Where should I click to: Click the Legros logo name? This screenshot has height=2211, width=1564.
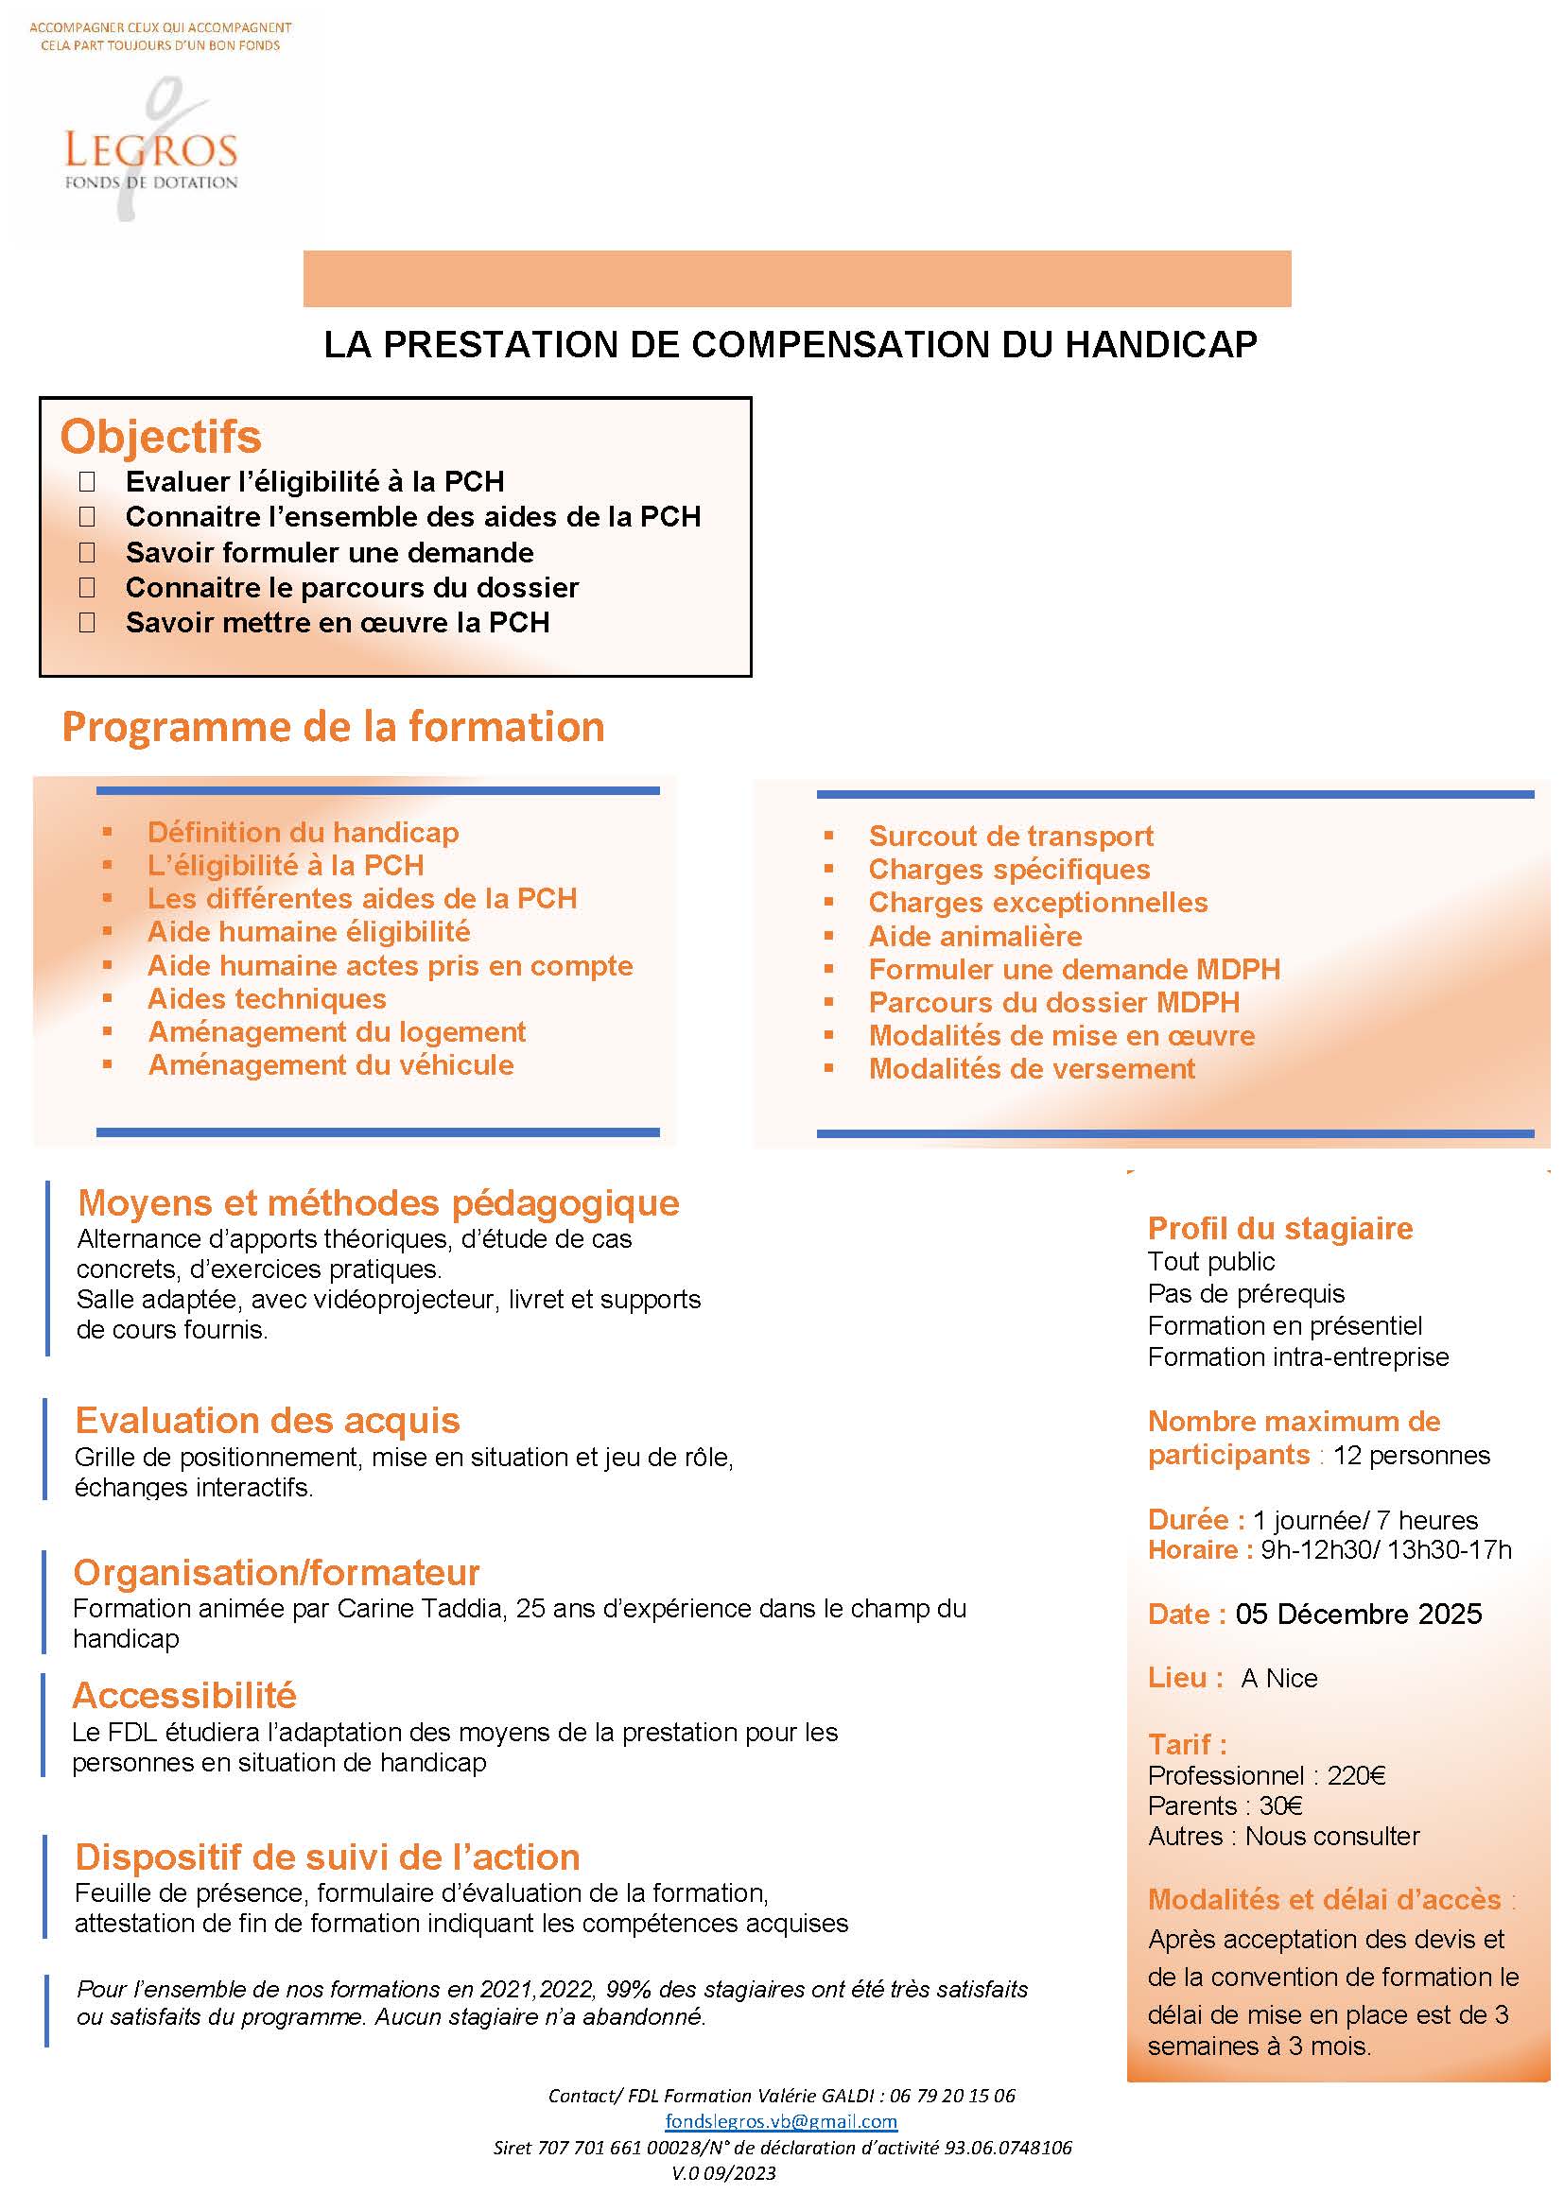(x=150, y=150)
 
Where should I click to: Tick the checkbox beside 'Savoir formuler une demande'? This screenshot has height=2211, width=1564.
(x=87, y=553)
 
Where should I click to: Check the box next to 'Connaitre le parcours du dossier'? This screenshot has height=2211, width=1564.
(x=87, y=587)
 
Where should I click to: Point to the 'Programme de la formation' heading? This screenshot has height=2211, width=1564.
(x=333, y=727)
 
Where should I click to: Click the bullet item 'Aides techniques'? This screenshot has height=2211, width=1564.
(x=267, y=998)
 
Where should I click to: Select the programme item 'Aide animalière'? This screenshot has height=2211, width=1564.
(x=975, y=936)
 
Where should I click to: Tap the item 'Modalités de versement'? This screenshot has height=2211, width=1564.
(x=1032, y=1069)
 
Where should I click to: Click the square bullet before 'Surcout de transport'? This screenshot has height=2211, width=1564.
(x=828, y=836)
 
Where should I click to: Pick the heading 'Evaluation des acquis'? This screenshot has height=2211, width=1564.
(x=268, y=1421)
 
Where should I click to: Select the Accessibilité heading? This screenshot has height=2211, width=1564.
(x=184, y=1695)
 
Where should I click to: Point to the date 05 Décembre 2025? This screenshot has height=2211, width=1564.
(x=1358, y=1614)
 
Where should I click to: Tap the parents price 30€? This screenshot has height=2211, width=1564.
(x=1280, y=1805)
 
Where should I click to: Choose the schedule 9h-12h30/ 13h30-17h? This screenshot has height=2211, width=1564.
(x=1386, y=1549)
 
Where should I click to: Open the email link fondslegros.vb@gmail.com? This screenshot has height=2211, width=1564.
(x=781, y=2121)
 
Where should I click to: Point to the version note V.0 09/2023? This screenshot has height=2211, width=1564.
(x=723, y=2173)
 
